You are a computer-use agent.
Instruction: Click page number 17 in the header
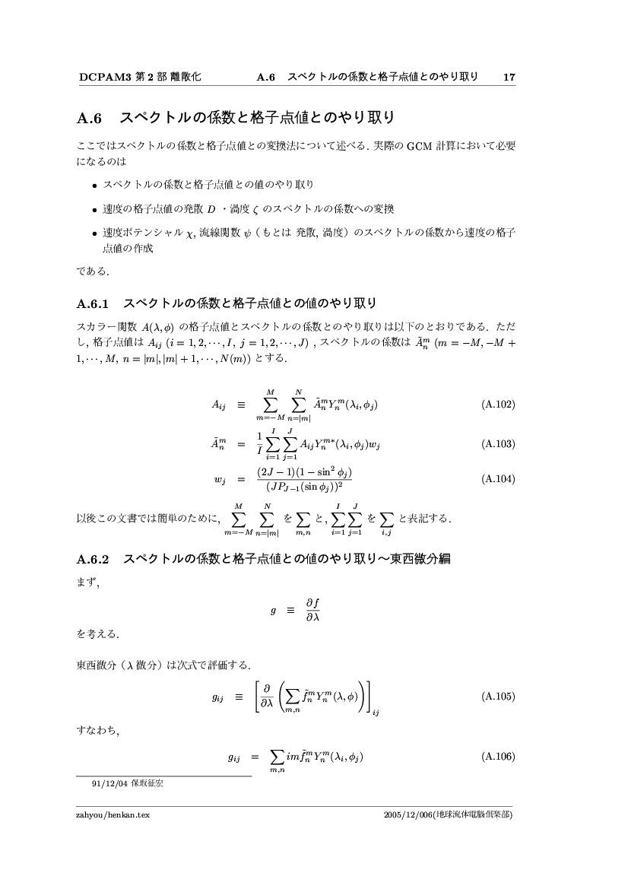(x=509, y=77)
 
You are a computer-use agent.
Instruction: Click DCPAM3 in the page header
(x=105, y=77)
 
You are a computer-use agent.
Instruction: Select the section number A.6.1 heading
(x=94, y=304)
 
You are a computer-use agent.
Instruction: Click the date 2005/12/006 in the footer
(x=408, y=814)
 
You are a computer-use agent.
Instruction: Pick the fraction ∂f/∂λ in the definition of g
(x=312, y=611)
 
